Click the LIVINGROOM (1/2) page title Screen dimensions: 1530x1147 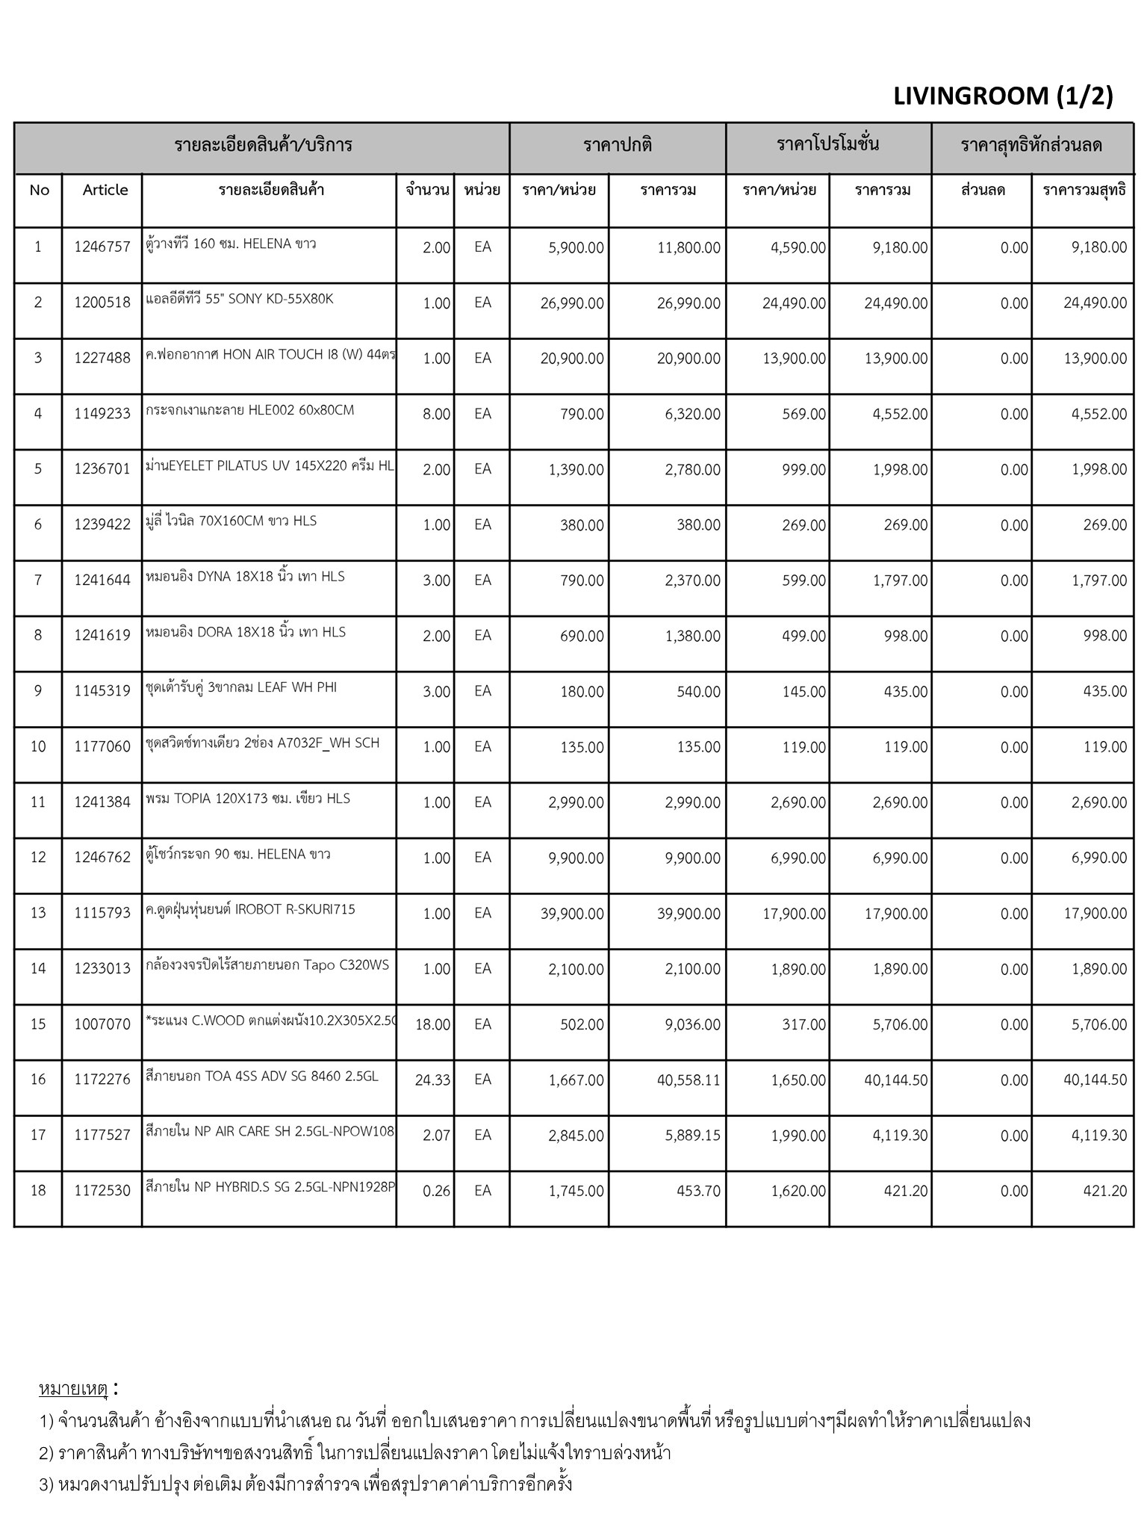pos(1002,96)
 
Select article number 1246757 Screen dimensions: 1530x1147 pos(102,247)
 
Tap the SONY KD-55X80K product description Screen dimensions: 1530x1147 pos(240,300)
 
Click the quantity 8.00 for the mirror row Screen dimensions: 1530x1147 pos(436,414)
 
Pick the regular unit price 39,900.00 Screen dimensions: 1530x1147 pos(572,914)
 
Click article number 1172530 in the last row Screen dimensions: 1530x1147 pos(102,1191)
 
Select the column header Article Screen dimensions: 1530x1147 pos(105,190)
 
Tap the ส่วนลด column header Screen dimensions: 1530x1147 pos(983,190)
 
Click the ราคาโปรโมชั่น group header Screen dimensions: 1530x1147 pos(827,144)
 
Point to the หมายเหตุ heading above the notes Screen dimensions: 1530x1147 pos(74,1389)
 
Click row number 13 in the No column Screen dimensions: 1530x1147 pos(38,913)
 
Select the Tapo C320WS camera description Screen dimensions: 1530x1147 pos(268,965)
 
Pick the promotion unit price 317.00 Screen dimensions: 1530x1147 pos(803,1025)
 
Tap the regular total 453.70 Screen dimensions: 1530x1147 pos(698,1192)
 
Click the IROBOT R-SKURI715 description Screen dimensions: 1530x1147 pos(251,910)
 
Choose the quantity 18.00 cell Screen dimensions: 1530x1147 pos(432,1025)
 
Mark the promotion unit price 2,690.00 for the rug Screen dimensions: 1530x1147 pos(798,803)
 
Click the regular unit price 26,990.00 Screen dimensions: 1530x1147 pos(572,303)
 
